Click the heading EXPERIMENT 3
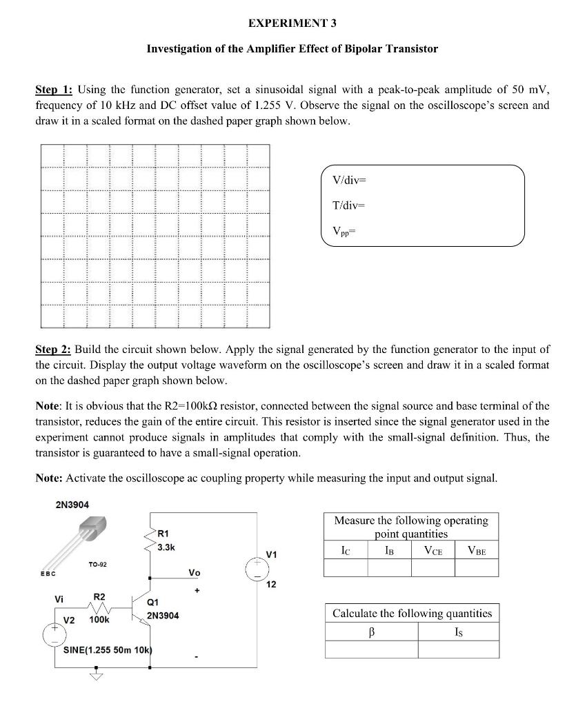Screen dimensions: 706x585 (292, 23)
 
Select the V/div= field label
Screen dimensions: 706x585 (348, 181)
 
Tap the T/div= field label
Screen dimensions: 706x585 (347, 205)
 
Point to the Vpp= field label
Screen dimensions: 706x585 (344, 231)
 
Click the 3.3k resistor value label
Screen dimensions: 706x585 (167, 548)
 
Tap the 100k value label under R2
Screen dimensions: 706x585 (99, 621)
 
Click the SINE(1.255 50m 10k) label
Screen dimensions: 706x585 (107, 650)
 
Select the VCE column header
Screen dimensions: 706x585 (433, 550)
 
